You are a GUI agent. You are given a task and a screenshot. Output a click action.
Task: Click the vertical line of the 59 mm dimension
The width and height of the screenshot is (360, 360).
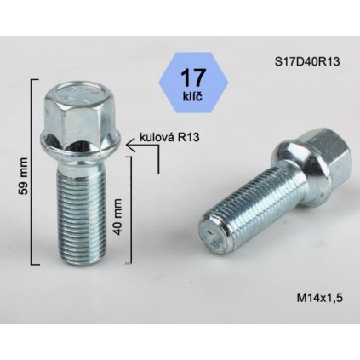point(32,170)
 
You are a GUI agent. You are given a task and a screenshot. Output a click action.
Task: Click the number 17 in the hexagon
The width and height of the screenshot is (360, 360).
point(186,78)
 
